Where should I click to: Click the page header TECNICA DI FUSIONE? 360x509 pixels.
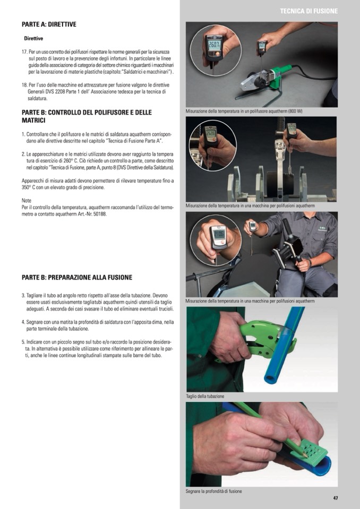pos(308,11)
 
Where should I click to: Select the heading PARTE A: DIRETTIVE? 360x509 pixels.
pos(49,24)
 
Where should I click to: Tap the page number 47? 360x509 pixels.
pos(336,498)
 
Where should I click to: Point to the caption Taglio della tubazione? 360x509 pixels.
pos(205,396)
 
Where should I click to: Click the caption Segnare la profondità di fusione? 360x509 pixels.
pos(213,491)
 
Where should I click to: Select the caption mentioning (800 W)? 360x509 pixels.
pos(244,111)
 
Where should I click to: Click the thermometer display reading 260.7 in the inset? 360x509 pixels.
pos(214,45)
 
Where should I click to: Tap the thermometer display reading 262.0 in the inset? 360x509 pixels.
pos(211,134)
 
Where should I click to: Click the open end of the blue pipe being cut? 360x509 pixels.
pos(270,379)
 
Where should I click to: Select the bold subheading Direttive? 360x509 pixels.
pos(33,38)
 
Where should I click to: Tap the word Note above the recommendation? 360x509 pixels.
pos(27,201)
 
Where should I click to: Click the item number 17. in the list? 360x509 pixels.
pos(24,52)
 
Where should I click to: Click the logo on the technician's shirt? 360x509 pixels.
pos(322,228)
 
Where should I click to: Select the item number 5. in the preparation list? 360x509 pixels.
pos(23,342)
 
